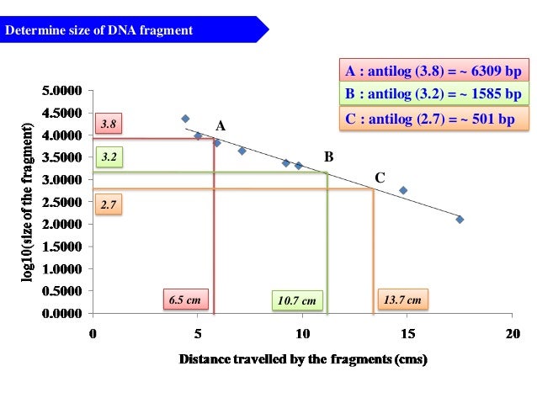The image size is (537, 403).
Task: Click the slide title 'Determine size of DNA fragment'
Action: tap(100, 32)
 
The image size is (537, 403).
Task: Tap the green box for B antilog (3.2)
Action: tap(433, 94)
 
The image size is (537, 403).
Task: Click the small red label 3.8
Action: tap(108, 125)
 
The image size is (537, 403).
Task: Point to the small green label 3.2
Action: tap(108, 157)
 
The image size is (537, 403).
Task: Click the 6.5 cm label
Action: tap(186, 300)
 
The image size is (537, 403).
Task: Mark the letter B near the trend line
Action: tap(329, 157)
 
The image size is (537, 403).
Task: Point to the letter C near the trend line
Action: tap(380, 178)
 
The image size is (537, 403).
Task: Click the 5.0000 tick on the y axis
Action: tap(62, 90)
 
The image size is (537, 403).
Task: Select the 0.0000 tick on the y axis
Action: tap(62, 314)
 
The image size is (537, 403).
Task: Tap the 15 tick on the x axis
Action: tap(406, 334)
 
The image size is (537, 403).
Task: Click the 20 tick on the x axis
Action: tap(510, 334)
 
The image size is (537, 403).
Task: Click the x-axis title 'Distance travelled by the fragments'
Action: tap(302, 361)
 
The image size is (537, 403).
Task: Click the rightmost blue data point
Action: tap(460, 219)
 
